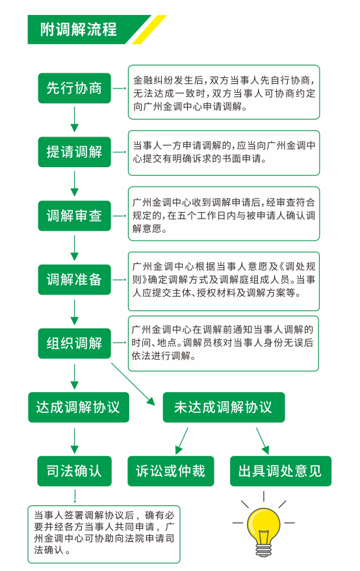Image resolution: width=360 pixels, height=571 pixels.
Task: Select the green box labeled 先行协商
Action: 75,88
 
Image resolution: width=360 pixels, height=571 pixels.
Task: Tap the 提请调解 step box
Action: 75,152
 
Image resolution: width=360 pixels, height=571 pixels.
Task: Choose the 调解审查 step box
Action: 75,216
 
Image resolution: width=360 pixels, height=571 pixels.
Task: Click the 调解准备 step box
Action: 75,280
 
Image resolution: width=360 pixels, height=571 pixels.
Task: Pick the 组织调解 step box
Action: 75,343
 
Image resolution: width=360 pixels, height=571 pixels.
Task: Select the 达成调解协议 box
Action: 78,407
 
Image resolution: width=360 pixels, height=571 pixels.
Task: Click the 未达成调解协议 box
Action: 223,407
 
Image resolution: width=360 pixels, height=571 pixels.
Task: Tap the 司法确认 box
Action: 74,470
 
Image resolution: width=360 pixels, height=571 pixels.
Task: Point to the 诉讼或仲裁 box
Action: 170,470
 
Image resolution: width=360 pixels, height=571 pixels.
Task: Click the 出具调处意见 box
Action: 280,470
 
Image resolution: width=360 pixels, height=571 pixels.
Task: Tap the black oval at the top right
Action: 272,15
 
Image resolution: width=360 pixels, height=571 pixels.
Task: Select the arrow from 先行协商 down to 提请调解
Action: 75,120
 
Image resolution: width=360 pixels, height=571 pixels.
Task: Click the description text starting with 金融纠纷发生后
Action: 224,92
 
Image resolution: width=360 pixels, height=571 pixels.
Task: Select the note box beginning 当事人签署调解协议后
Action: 104,531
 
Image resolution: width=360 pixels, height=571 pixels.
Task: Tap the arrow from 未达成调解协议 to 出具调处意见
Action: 261,440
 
